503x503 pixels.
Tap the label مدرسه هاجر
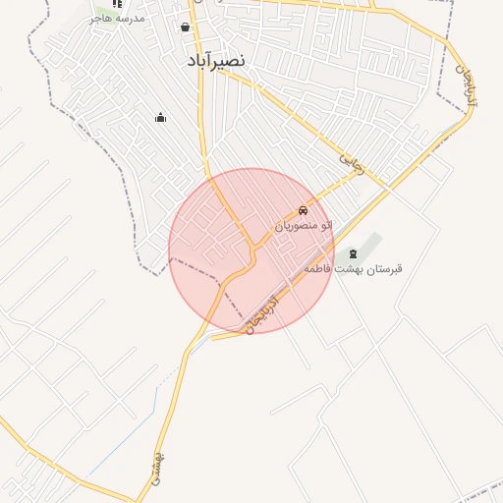[117, 18]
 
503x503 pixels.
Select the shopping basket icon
[186, 28]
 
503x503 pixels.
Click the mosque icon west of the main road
[160, 118]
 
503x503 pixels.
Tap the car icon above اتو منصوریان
[303, 211]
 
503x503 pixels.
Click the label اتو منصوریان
[303, 226]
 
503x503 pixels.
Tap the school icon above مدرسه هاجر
[117, 4]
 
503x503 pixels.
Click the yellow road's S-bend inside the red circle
[250, 257]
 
